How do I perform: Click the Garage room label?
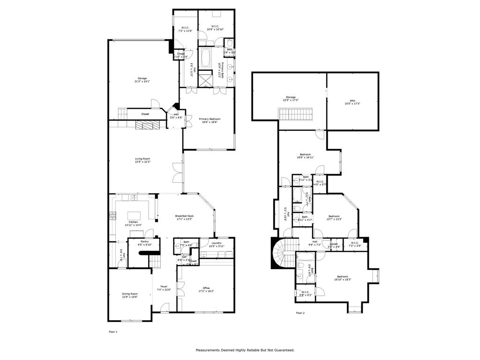pyautogui.click(x=142, y=78)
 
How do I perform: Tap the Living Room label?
pyautogui.click(x=142, y=159)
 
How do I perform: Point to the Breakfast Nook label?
pyautogui.click(x=185, y=216)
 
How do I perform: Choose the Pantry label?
pyautogui.click(x=145, y=241)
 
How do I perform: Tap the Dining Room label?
pyautogui.click(x=130, y=294)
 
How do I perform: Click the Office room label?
pyautogui.click(x=206, y=288)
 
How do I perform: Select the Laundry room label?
pyautogui.click(x=216, y=243)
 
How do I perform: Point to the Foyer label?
pyautogui.click(x=164, y=286)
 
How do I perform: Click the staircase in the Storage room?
pyautogui.click(x=295, y=114)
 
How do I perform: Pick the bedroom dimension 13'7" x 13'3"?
pyautogui.click(x=335, y=219)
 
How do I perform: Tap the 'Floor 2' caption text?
pyautogui.click(x=300, y=313)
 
